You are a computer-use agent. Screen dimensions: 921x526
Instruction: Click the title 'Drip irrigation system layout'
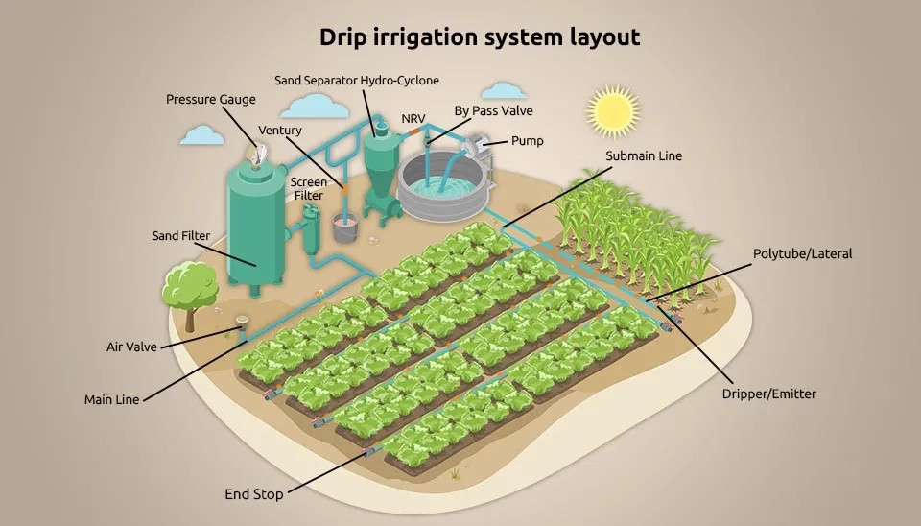(480, 37)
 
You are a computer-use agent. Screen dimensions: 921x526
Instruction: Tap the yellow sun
(613, 111)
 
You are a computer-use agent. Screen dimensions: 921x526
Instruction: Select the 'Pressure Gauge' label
(211, 100)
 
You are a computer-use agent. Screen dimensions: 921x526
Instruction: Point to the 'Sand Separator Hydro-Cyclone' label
(357, 81)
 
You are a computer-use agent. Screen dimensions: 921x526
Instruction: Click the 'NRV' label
(413, 119)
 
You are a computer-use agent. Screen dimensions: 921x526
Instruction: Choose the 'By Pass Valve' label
(493, 111)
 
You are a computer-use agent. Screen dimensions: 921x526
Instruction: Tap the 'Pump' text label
(528, 141)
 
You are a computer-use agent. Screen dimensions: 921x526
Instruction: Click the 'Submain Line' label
(644, 156)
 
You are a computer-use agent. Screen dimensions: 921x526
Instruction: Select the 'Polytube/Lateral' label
(802, 254)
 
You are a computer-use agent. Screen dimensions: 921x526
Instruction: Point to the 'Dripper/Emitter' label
(768, 394)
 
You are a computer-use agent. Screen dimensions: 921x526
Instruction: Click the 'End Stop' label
(253, 495)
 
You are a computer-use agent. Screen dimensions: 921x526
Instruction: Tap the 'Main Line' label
(111, 400)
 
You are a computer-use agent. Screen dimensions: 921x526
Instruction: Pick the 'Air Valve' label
(131, 347)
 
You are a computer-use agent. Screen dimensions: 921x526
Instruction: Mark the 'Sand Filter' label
(181, 236)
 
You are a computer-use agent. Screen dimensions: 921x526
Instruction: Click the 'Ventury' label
(280, 131)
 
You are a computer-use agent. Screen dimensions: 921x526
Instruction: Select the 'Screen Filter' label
(308, 189)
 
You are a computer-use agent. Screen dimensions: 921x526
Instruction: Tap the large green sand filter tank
(256, 227)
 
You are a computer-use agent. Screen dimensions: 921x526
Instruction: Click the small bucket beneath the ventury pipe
(345, 227)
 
